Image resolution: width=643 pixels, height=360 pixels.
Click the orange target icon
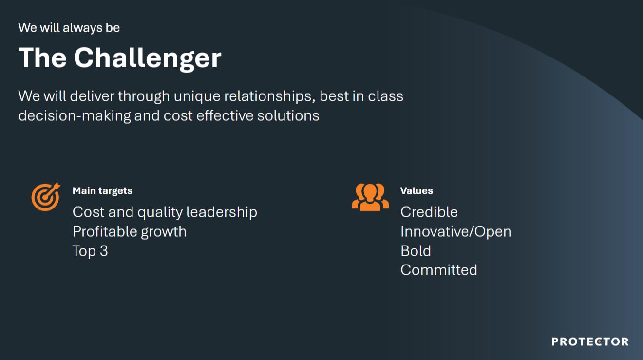tap(46, 197)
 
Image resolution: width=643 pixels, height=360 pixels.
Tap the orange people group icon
tap(370, 197)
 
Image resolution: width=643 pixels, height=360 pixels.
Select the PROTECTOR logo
tap(590, 341)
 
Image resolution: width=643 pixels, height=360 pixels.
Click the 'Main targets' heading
tap(102, 191)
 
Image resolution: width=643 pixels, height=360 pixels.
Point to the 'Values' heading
tap(416, 191)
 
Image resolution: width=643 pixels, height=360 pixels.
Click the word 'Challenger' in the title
tap(148, 58)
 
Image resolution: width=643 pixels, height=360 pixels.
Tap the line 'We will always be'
tap(69, 28)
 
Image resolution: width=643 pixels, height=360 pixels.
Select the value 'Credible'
tap(429, 212)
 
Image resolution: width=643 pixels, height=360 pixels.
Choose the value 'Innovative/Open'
tap(456, 232)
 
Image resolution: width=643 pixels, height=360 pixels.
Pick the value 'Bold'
tap(416, 251)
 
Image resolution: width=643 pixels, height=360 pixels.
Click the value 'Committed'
tap(439, 270)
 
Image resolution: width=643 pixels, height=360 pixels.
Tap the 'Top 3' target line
tap(90, 251)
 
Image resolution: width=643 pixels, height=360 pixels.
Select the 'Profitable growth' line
tap(130, 232)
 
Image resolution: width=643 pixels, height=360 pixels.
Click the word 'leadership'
tap(222, 213)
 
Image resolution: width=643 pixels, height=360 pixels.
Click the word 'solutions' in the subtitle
tap(288, 115)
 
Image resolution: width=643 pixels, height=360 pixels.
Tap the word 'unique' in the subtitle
tap(197, 96)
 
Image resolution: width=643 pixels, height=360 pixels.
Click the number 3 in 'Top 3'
tap(104, 251)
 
